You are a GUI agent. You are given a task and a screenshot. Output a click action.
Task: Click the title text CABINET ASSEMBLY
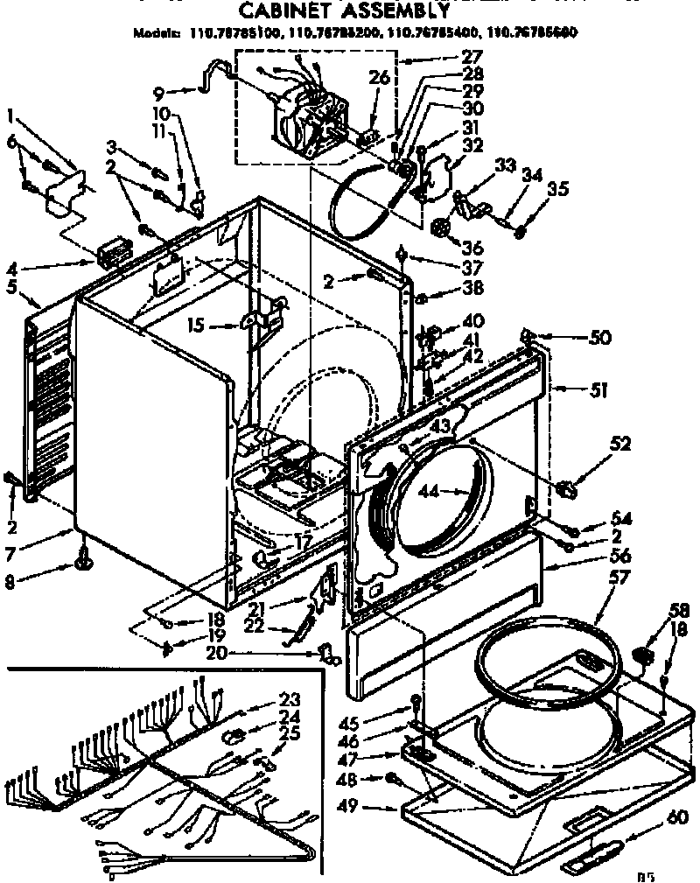point(345,11)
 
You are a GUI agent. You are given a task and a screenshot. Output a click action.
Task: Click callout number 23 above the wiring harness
point(289,699)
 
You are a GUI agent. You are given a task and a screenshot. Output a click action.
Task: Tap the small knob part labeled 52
point(566,487)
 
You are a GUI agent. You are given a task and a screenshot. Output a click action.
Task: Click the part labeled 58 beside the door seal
point(644,655)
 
